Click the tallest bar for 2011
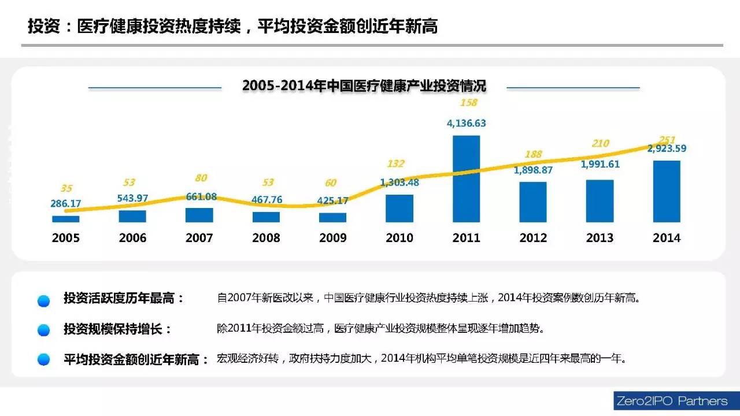[x=466, y=179]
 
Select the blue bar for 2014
[x=667, y=191]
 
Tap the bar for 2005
[x=66, y=219]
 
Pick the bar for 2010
[x=399, y=208]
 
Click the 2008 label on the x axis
[x=266, y=238]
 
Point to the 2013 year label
[x=600, y=238]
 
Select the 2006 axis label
[x=132, y=238]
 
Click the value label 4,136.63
[x=466, y=123]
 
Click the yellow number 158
[x=468, y=103]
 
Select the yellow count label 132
[x=395, y=164]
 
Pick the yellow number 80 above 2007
[x=201, y=178]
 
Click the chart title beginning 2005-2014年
[x=364, y=86]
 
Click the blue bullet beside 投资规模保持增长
[x=43, y=330]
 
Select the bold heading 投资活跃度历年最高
[x=123, y=299]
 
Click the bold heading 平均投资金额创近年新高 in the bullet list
[x=136, y=359]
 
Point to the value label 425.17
[x=332, y=201]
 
